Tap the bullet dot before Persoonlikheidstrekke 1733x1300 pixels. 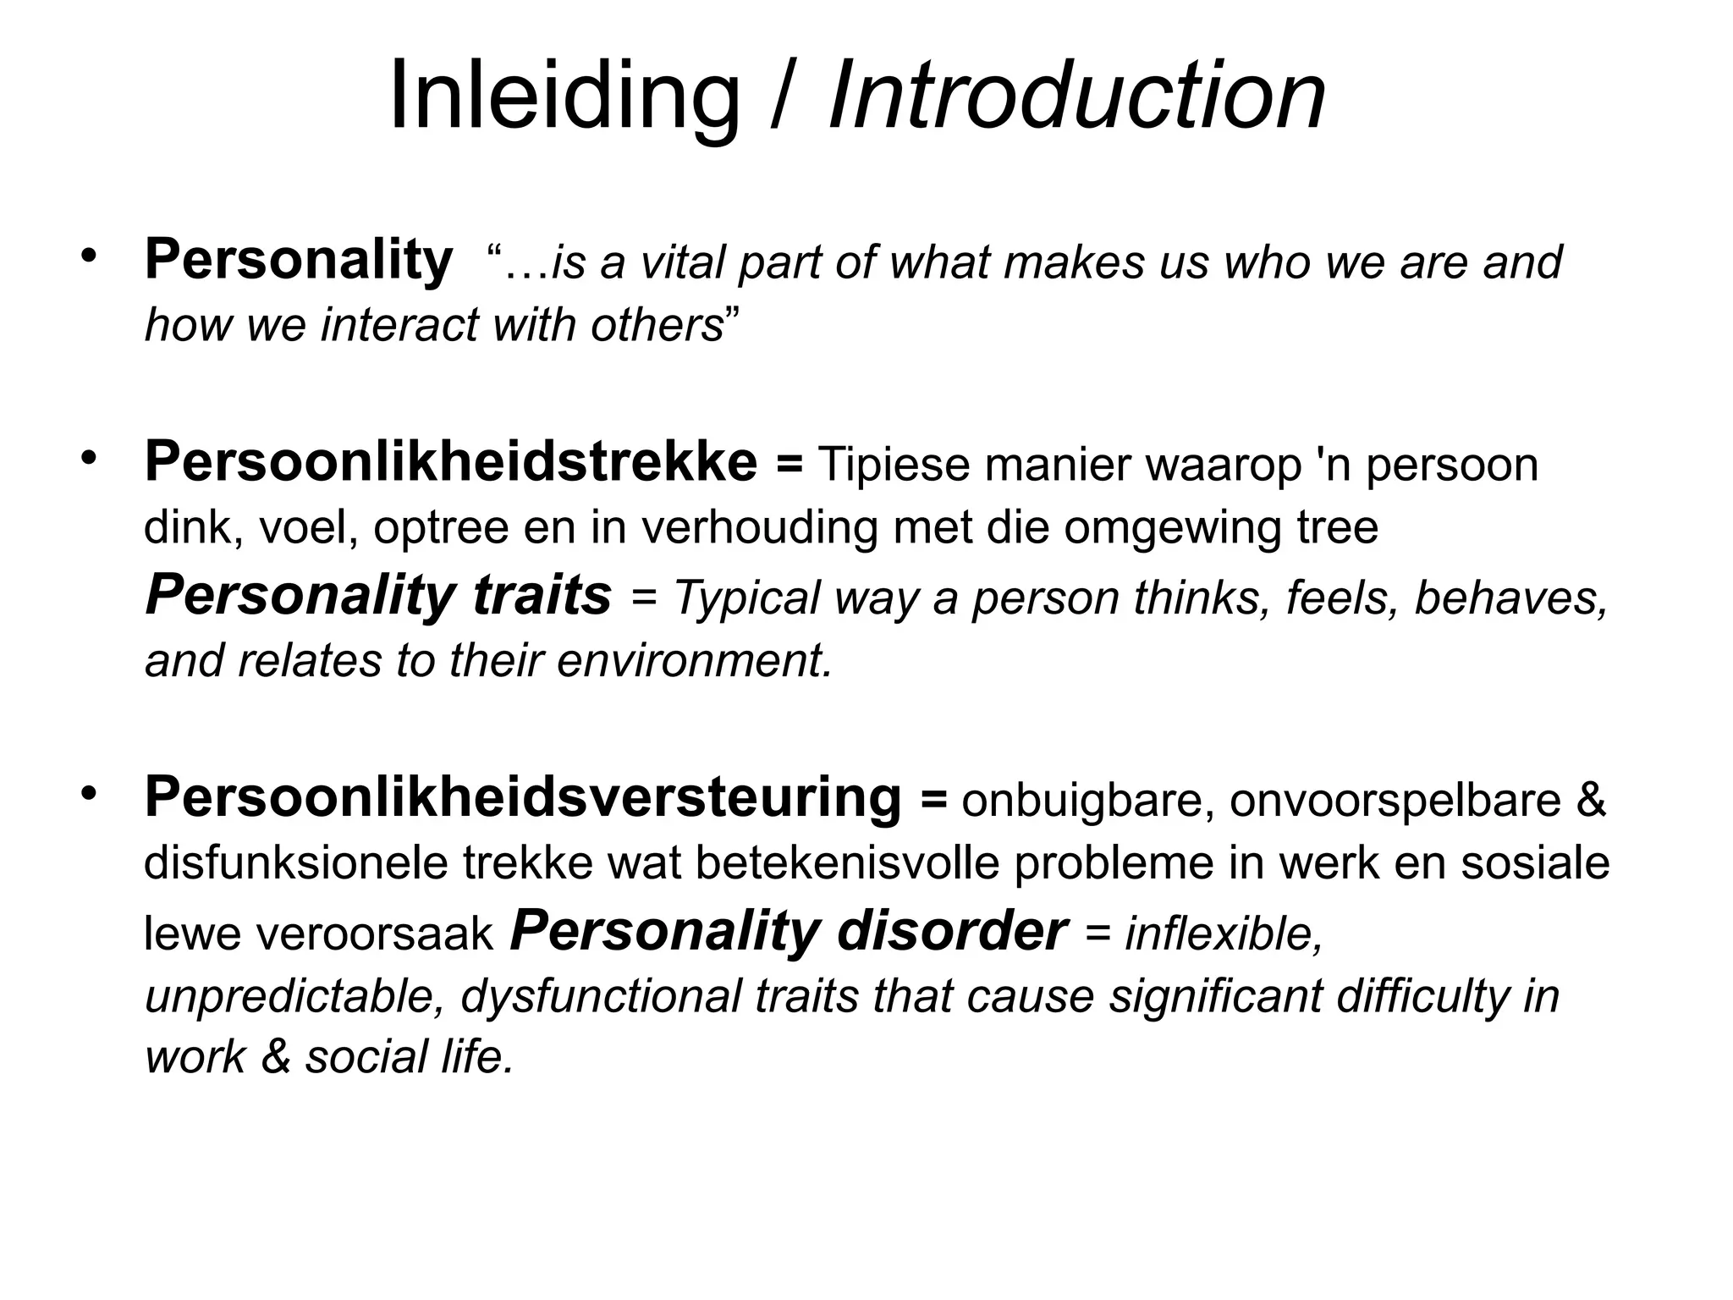89,458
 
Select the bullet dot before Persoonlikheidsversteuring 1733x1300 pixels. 89,792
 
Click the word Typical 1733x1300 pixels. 747,598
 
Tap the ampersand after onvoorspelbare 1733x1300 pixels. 1592,800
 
